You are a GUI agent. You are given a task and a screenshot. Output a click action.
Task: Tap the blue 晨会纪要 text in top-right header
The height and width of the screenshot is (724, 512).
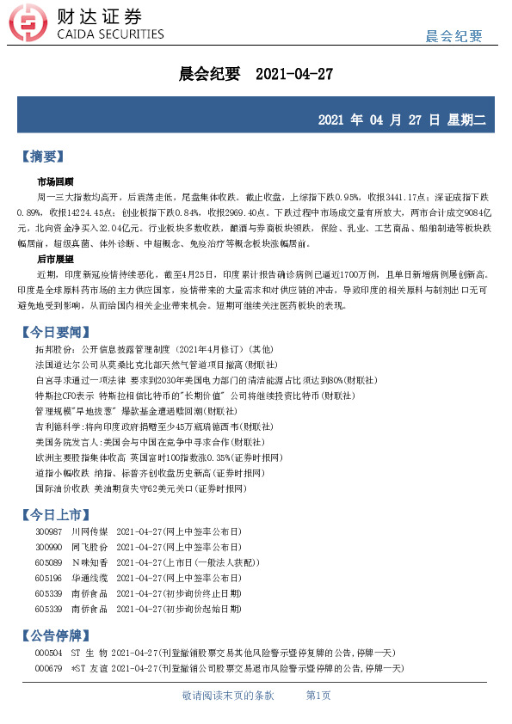tap(454, 35)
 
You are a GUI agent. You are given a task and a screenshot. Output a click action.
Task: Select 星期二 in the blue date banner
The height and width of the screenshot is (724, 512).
tap(466, 120)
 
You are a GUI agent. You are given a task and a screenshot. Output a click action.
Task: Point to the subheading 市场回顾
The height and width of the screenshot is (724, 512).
tap(55, 182)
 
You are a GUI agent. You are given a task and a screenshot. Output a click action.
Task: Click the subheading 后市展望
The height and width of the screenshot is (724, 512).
tap(55, 258)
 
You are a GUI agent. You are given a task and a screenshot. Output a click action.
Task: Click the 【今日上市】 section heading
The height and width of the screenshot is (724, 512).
tap(65, 515)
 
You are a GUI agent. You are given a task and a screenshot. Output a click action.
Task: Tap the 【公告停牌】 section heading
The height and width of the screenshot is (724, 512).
tap(65, 636)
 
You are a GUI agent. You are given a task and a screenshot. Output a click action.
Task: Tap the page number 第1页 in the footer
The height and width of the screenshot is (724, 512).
tap(318, 695)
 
